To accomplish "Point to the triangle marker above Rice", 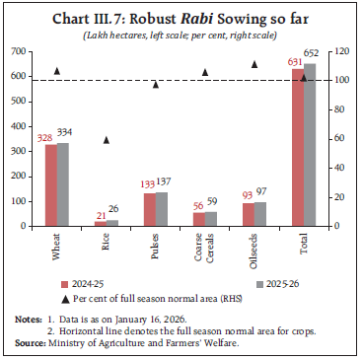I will pyautogui.click(x=106, y=140).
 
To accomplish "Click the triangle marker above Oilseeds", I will pyautogui.click(x=253, y=64).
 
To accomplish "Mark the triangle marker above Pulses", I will pyautogui.click(x=155, y=85).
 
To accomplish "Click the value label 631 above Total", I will pyautogui.click(x=294, y=61).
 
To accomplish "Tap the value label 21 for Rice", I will pyautogui.click(x=99, y=214).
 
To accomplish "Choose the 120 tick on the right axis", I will pyautogui.click(x=336, y=50).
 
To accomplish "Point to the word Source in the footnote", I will pyautogui.click(x=31, y=340).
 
